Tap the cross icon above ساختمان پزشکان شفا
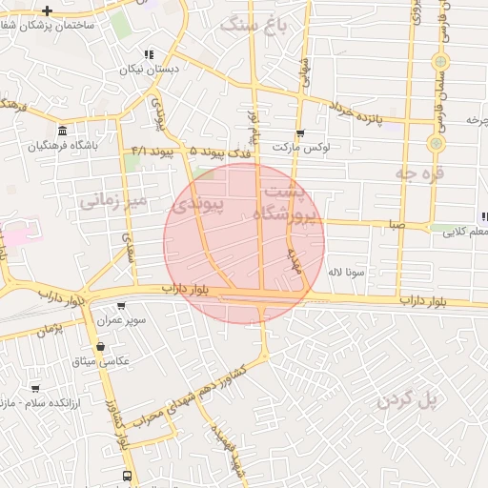click(x=47, y=10)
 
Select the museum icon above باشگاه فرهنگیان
click(x=62, y=131)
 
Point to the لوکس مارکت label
click(x=299, y=148)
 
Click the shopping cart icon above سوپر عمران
click(x=121, y=306)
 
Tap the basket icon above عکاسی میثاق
click(x=100, y=346)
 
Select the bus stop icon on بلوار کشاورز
click(x=127, y=475)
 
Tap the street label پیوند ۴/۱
click(x=152, y=152)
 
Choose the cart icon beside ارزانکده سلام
click(x=35, y=389)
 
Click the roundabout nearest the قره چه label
click(x=436, y=143)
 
